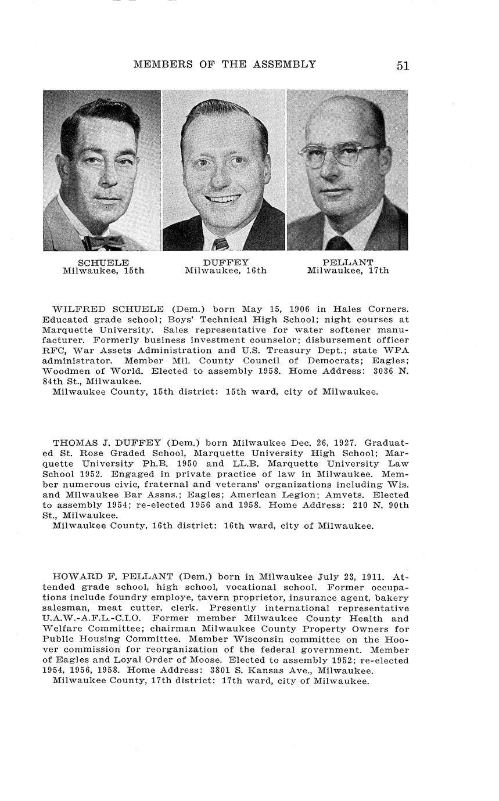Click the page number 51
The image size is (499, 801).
coord(403,66)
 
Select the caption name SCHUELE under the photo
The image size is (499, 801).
coord(103,262)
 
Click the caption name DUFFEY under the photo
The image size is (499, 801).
coord(225,262)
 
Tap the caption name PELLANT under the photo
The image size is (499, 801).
coord(347,262)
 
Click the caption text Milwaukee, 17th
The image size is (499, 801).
coord(347,270)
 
